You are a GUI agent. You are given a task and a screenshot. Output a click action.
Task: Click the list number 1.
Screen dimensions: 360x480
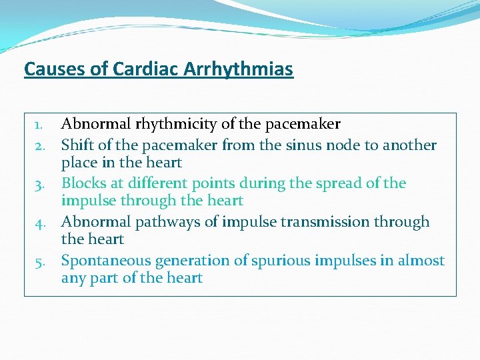(39, 125)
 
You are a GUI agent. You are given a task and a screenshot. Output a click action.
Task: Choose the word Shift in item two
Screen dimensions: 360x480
(77, 145)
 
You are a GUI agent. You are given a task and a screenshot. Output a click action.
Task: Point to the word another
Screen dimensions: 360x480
(407, 145)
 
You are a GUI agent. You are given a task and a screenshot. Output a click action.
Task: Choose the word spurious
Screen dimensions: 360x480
(273, 261)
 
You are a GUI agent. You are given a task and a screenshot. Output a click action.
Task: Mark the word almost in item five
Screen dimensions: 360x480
(421, 261)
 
